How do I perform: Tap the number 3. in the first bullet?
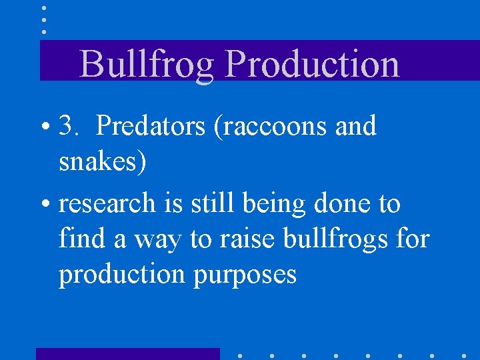point(69,126)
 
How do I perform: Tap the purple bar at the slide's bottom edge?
point(127,353)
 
